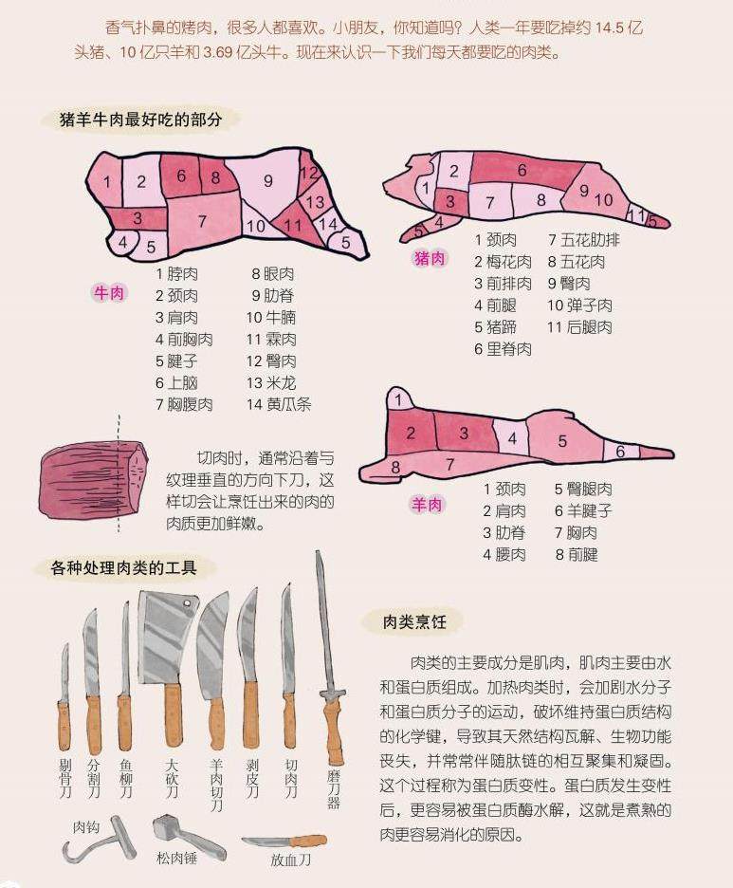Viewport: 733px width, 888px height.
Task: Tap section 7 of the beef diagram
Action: [203, 222]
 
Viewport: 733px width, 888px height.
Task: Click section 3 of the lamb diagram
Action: [464, 434]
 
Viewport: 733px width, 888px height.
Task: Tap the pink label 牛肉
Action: [109, 293]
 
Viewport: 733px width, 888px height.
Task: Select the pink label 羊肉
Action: [426, 504]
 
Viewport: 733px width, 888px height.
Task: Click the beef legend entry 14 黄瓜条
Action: [279, 404]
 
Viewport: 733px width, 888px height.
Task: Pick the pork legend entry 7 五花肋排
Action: [583, 240]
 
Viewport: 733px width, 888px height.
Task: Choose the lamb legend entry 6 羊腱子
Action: [583, 510]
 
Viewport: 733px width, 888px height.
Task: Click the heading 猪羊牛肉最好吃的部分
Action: [140, 120]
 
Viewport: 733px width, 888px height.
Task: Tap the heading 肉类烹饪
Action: [414, 621]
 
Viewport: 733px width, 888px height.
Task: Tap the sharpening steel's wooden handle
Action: [334, 731]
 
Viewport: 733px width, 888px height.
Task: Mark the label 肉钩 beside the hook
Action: [86, 827]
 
